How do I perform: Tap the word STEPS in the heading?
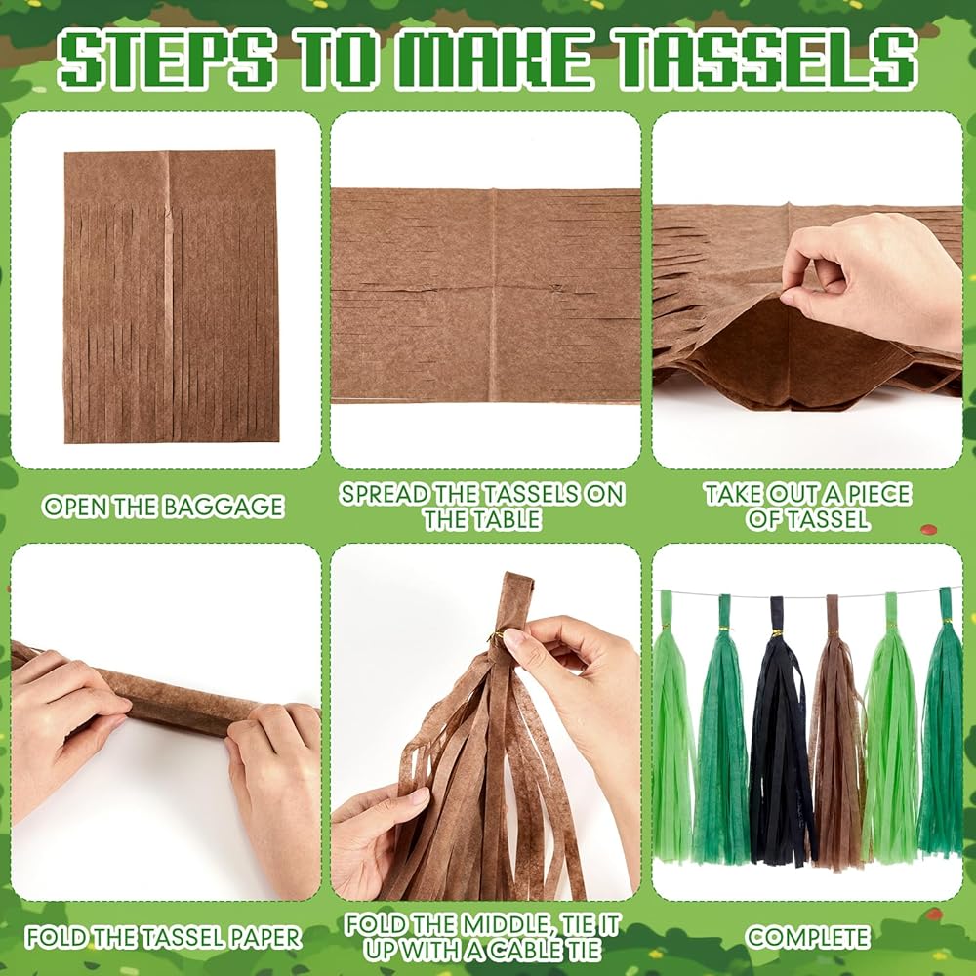tap(166, 59)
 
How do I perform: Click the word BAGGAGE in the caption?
tap(224, 507)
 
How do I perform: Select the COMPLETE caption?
tap(807, 937)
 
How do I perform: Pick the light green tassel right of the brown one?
tap(891, 728)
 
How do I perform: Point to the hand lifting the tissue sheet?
tap(872, 280)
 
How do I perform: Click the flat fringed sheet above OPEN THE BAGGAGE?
tap(171, 297)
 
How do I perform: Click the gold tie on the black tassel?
tap(777, 633)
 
